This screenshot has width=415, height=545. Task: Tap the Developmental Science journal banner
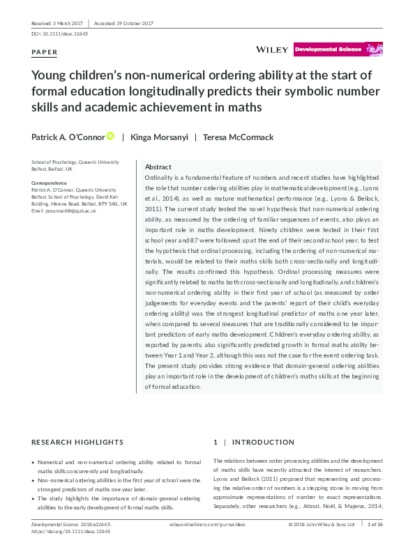coord(338,49)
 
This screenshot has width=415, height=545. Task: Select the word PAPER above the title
coord(45,53)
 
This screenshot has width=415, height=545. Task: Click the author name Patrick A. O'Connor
coord(68,137)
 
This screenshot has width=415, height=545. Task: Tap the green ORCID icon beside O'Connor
coord(110,137)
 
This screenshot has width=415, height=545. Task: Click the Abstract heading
coord(158,167)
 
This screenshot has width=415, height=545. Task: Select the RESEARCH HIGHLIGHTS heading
coord(78,443)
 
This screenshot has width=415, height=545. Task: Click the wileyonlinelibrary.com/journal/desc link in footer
coord(208,524)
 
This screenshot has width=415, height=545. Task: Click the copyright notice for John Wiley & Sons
coord(322,524)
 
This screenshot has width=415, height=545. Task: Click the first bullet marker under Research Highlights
coord(35,463)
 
